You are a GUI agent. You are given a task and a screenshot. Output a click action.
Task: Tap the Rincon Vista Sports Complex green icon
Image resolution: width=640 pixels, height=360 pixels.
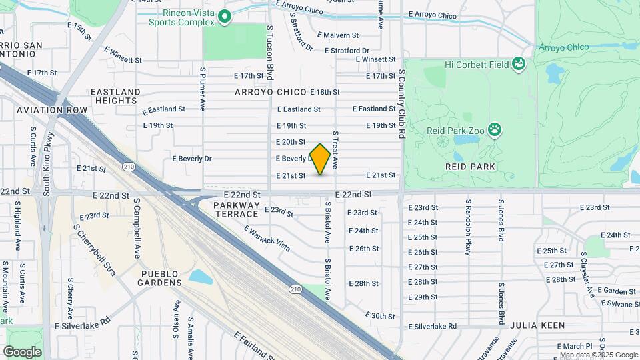click(225, 17)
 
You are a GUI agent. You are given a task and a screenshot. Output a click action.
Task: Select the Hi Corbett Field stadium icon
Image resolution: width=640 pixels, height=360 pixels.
click(519, 65)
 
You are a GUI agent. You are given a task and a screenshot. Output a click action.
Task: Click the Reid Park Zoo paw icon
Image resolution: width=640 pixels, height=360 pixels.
click(495, 129)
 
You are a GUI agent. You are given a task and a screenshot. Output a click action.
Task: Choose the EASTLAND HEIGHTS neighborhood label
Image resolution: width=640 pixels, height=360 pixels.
click(115, 96)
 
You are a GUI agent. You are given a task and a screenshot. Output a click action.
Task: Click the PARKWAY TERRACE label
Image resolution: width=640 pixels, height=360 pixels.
click(237, 209)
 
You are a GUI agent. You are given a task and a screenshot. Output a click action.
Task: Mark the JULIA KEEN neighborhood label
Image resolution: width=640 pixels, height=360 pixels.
click(537, 325)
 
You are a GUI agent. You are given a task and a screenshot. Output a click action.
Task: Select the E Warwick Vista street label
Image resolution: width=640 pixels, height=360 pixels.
click(267, 238)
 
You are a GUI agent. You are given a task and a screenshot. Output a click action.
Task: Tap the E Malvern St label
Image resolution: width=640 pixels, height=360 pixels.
click(338, 35)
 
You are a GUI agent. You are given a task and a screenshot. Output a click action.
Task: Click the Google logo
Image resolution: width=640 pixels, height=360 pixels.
click(22, 351)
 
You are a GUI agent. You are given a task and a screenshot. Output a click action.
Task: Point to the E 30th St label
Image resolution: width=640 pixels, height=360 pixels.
click(381, 315)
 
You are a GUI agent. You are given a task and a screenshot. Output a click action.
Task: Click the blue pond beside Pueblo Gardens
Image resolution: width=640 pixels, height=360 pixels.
click(201, 277)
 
